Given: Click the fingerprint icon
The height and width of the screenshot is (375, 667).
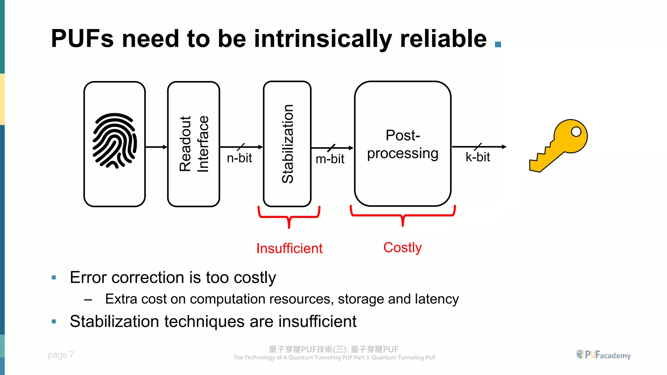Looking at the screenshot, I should tap(115, 141).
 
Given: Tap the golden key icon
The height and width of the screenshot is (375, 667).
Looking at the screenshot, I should tap(559, 145).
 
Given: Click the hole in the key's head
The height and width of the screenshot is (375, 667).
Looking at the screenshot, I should tap(576, 132).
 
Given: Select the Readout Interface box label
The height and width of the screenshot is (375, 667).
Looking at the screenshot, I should tap(194, 144).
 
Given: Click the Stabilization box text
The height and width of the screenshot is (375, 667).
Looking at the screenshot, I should tap(288, 144).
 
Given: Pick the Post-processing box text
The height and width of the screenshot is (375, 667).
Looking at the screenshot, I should tap(403, 144).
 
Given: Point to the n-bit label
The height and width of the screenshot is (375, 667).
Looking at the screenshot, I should tap(239, 158).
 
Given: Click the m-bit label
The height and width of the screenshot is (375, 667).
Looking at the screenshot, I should tap(330, 159).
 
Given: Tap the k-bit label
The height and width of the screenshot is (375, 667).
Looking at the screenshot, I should tap(477, 157).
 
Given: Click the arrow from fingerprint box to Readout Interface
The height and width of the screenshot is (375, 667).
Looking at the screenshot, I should tap(156, 147).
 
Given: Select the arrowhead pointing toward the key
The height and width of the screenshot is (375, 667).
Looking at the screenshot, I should tap(504, 147).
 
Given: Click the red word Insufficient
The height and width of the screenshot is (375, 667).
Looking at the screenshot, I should tap(289, 248).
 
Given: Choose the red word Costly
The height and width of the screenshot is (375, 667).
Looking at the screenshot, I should tap(403, 247).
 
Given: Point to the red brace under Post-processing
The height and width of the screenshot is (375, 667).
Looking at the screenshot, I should tap(403, 215).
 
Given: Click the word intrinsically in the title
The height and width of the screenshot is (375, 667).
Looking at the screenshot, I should tap(323, 39).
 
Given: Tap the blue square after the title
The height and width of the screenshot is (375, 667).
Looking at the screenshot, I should tap(498, 44).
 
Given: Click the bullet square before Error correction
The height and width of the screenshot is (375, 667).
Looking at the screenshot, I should tap(54, 278).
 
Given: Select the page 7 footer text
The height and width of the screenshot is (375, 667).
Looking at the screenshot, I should tap(61, 354).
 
